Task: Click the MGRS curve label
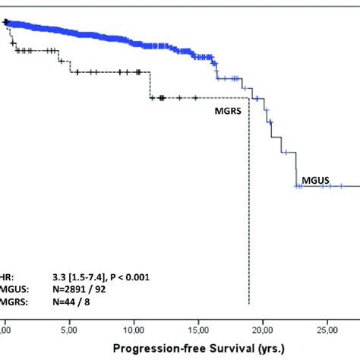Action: tap(229, 109)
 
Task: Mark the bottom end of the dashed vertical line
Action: tap(249, 304)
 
